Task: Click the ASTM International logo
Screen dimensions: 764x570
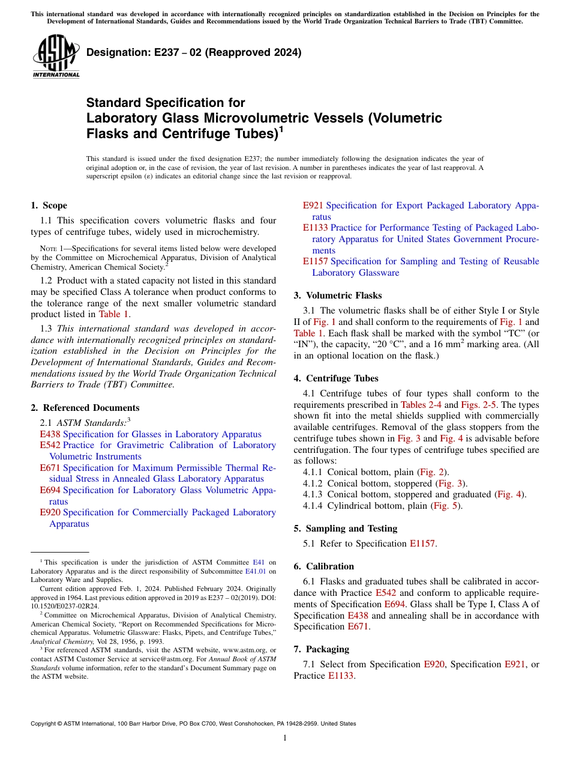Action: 56,57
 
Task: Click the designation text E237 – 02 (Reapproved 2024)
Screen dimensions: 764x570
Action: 194,53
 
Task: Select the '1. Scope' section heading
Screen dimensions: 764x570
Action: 49,205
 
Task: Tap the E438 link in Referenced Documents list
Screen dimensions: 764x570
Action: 50,434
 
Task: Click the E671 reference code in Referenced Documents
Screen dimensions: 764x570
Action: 50,468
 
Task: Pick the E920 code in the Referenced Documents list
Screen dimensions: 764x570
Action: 50,512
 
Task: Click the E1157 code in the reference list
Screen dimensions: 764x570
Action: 315,261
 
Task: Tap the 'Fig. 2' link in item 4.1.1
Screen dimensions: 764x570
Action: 431,472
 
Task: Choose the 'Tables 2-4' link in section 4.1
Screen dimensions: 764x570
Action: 421,405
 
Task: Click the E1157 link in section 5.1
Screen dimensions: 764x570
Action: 423,544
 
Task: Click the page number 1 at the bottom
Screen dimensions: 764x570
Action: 285,738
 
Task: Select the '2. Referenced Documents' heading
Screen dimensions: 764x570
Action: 85,408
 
